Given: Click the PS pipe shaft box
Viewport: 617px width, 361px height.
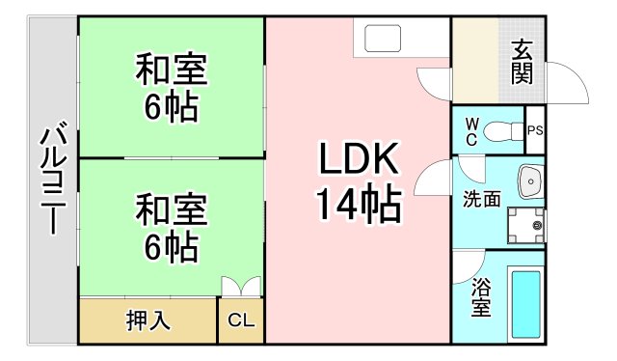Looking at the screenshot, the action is pos(535,129).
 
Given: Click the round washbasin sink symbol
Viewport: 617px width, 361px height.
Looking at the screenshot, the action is pos(529,180).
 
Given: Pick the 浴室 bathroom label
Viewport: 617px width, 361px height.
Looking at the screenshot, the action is pos(480,297).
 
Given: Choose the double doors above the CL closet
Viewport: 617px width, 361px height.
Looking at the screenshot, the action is pos(240,288).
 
